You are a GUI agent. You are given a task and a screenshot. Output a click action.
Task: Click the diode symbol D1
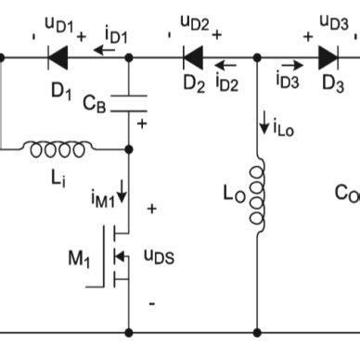[x=60, y=58]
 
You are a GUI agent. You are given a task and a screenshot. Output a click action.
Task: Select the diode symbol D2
[x=193, y=58]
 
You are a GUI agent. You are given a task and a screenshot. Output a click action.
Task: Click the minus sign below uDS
[x=151, y=302]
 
